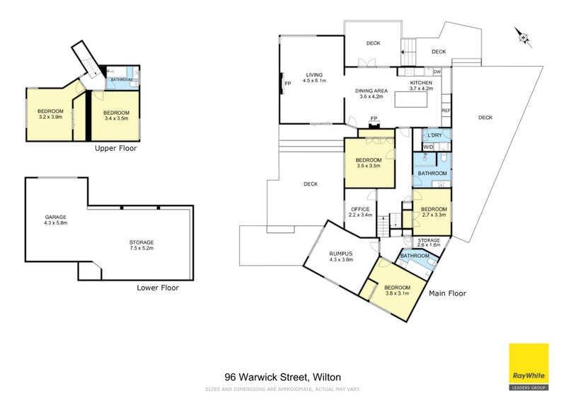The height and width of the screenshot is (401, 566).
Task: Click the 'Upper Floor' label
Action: coord(115,149)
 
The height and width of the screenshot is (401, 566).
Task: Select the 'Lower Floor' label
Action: coord(158,288)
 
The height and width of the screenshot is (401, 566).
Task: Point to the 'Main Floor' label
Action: coord(447,293)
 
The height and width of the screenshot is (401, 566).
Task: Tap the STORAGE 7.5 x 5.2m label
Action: coord(141,245)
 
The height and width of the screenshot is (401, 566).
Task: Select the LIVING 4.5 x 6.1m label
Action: coord(314,78)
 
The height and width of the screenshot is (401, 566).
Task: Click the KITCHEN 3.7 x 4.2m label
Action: coord(420,86)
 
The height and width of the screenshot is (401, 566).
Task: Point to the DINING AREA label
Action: coord(371,94)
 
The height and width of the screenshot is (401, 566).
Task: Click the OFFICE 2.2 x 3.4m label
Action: coord(361,211)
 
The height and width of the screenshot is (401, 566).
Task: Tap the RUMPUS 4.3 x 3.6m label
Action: coord(341,256)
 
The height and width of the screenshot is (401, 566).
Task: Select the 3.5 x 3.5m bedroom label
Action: coord(369,163)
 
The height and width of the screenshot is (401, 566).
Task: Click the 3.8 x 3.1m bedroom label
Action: coord(397,290)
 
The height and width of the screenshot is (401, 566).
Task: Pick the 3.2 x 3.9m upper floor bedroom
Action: coord(50,114)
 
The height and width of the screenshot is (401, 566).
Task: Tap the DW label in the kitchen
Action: coord(437,72)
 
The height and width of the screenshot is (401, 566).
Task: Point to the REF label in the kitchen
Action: coord(446,111)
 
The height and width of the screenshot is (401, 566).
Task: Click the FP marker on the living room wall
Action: coord(287,84)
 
